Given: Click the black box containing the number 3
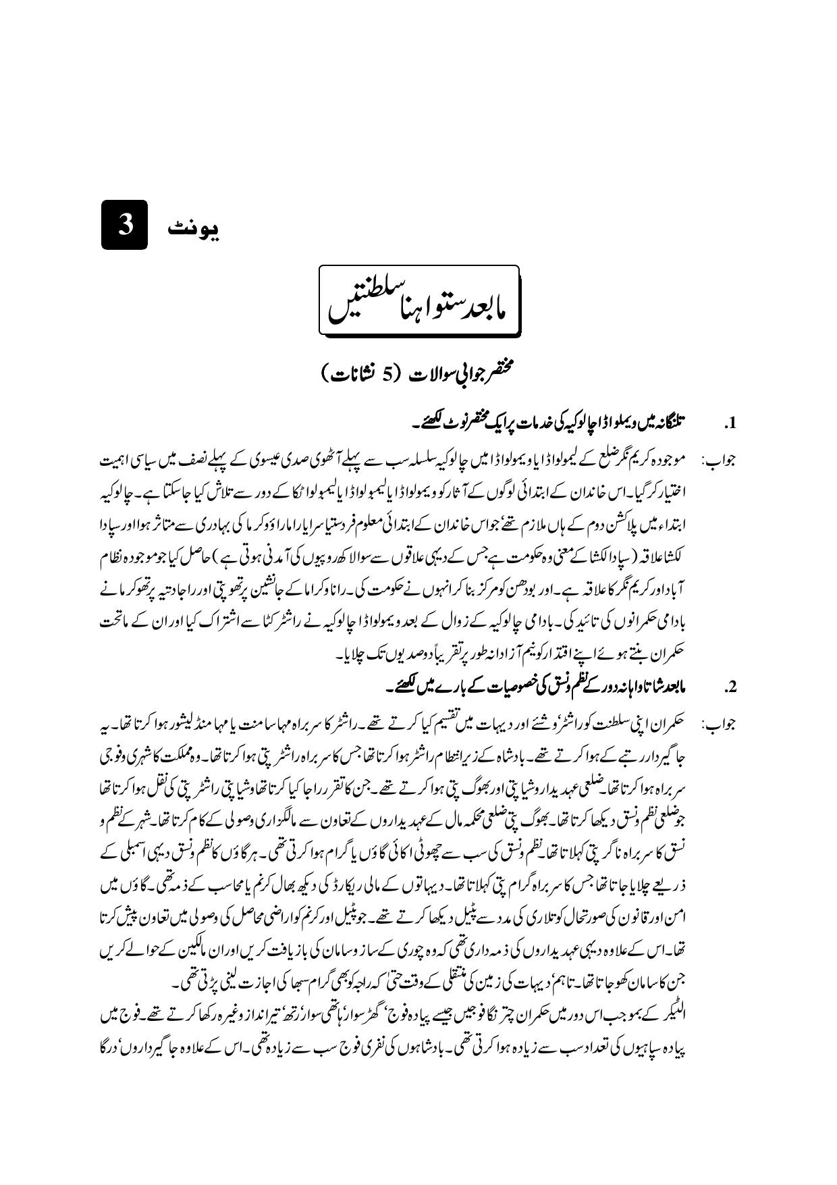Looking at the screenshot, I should tap(124, 225).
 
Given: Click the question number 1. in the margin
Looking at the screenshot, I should tap(729, 425).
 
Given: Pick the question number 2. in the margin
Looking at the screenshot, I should tap(729, 688).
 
